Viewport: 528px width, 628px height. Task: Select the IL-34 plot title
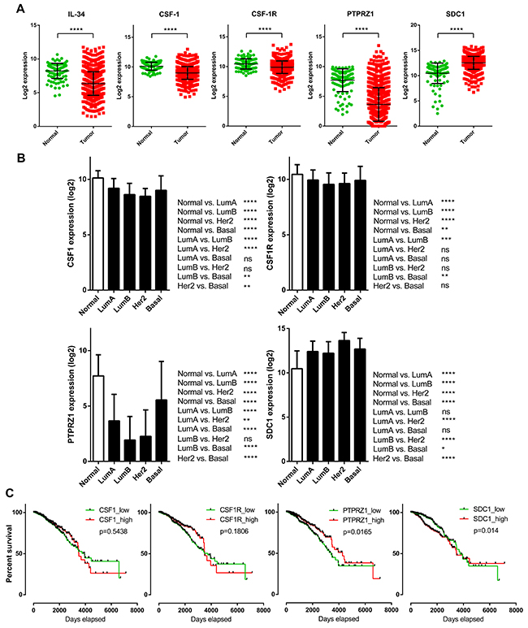(56, 17)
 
